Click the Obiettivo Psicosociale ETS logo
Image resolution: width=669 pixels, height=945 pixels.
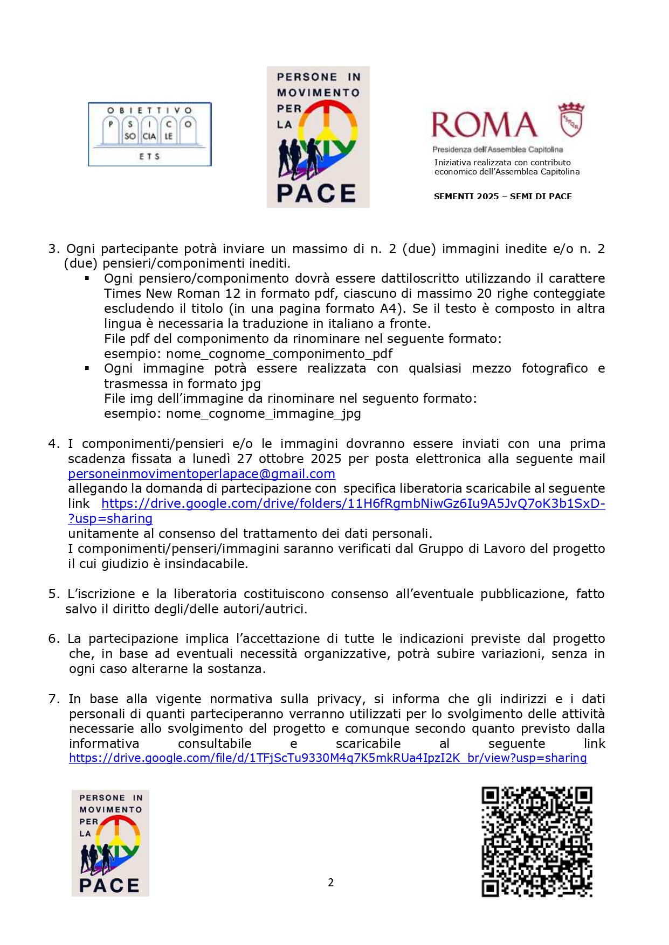[149, 134]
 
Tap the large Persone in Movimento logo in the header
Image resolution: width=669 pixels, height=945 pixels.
[318, 137]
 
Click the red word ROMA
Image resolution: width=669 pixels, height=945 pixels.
[484, 125]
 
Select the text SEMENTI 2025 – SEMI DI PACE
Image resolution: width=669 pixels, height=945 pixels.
[502, 197]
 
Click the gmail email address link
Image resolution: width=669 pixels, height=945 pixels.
[202, 474]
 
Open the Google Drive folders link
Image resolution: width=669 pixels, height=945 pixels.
[353, 504]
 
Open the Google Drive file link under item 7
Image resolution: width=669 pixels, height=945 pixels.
[328, 758]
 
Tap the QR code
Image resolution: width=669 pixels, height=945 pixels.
[536, 842]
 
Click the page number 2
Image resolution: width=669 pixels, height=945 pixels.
[330, 883]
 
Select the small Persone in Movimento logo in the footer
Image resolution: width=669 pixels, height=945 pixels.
[111, 843]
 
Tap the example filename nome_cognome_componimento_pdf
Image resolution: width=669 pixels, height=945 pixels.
[279, 354]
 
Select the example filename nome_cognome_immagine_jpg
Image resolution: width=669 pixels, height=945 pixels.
[264, 414]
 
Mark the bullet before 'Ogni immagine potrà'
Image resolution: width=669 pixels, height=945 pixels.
[87, 368]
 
